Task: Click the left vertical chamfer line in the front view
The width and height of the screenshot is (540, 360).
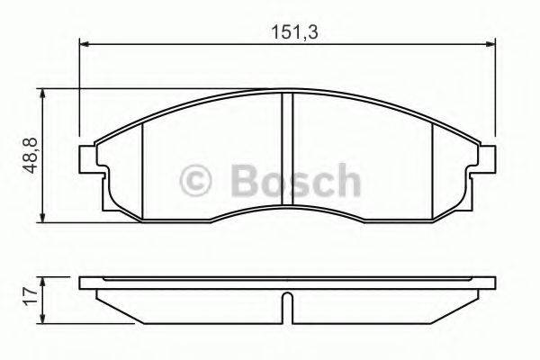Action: coord(144,166)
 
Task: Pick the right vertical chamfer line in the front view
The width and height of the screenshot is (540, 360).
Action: coord(433,166)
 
